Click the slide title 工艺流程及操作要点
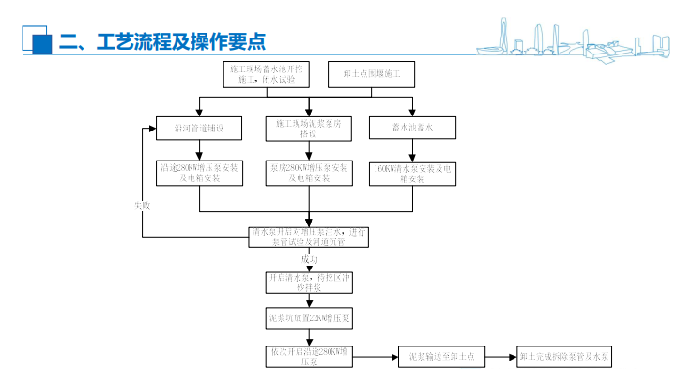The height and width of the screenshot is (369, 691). [161, 40]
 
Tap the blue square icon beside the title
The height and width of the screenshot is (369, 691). [39, 42]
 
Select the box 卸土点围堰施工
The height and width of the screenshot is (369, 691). [369, 73]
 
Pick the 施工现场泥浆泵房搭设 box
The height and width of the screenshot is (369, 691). [306, 127]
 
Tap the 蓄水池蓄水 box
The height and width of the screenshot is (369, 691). [411, 127]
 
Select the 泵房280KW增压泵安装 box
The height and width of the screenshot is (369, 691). [306, 172]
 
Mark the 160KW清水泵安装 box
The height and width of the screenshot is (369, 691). [411, 172]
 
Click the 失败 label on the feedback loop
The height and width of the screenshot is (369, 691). [143, 204]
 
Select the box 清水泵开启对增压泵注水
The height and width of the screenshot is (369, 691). [309, 236]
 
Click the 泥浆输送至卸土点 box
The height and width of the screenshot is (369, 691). [441, 357]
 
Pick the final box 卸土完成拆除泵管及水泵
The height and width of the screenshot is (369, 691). [566, 357]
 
